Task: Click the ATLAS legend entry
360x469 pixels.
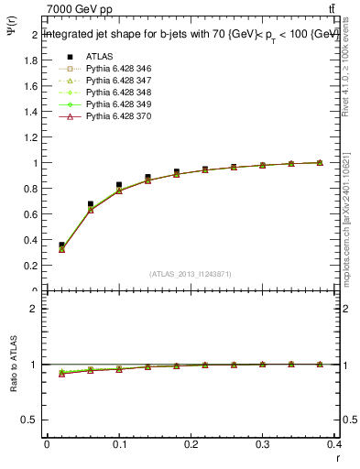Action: click(x=100, y=56)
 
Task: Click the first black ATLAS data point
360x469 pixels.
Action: click(x=61, y=245)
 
